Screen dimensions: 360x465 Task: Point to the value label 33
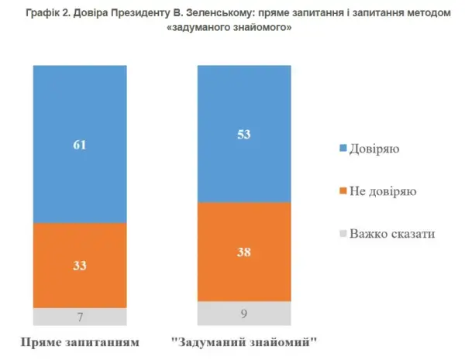[79, 266]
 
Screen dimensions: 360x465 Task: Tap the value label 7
[79, 317]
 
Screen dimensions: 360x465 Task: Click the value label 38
[243, 252]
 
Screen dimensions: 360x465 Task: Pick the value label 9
[243, 313]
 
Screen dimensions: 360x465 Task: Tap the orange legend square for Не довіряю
[344, 190]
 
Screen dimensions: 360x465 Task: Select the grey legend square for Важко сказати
[344, 233]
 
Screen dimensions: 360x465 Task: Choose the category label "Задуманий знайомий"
[245, 341]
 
